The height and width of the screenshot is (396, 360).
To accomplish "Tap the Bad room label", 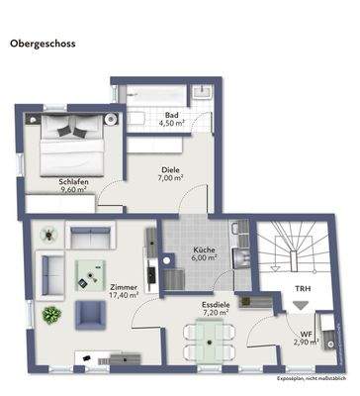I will [x=172, y=115].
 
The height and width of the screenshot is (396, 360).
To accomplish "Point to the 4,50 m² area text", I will [x=174, y=124].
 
